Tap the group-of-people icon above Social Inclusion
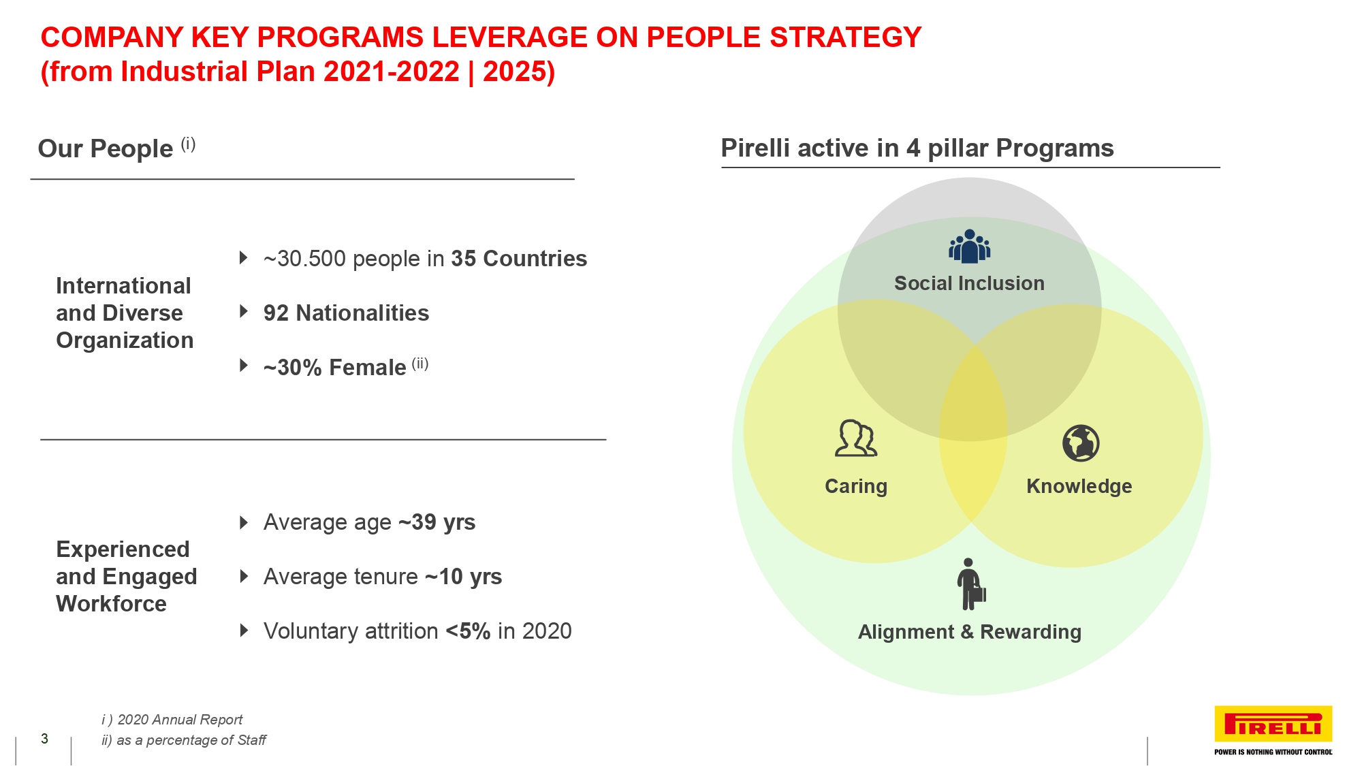(x=969, y=246)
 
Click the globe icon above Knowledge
(x=1081, y=443)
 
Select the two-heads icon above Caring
(x=856, y=438)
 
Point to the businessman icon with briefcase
(x=970, y=584)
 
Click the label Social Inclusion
(x=969, y=283)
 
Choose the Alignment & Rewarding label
(x=969, y=632)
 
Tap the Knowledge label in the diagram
(x=1079, y=486)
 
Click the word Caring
(x=856, y=486)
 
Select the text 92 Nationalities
(x=346, y=313)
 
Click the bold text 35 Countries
(x=519, y=259)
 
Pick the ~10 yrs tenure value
(x=463, y=577)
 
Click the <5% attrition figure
(x=468, y=631)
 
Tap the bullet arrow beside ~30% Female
(x=243, y=366)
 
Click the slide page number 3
(x=44, y=739)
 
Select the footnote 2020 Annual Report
(x=180, y=720)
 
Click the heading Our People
(x=106, y=148)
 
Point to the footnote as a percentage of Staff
(x=191, y=740)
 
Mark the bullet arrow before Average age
(x=243, y=522)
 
